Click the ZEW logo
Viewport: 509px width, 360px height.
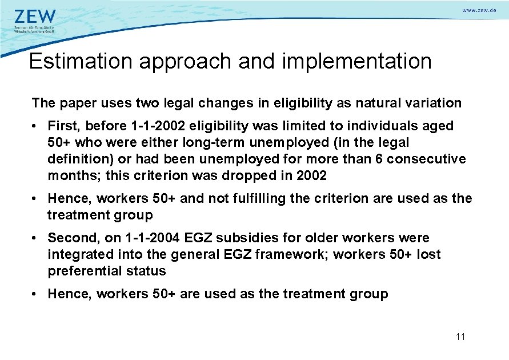(x=35, y=16)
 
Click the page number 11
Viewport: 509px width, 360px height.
(x=460, y=337)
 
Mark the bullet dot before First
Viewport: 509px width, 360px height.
(x=36, y=126)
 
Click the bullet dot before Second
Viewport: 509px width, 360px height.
(x=36, y=238)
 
